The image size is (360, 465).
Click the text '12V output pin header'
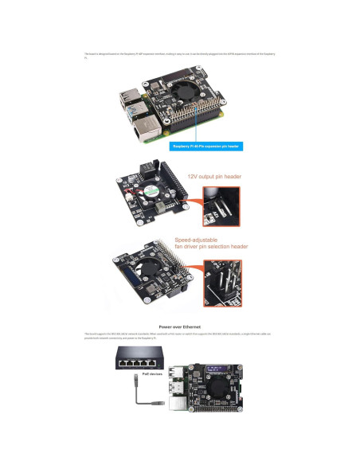(214, 177)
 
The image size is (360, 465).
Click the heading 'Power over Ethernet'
(179, 326)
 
